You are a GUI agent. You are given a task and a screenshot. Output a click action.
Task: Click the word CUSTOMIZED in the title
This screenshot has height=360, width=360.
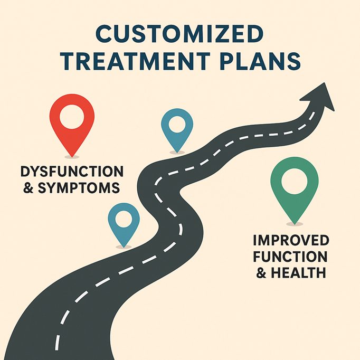point(180,36)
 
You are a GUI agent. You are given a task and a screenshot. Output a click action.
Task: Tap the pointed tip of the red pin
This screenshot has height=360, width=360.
point(72,156)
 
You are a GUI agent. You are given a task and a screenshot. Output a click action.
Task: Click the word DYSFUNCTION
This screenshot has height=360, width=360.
point(72,172)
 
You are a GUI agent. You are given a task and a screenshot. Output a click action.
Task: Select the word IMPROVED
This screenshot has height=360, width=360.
point(291,241)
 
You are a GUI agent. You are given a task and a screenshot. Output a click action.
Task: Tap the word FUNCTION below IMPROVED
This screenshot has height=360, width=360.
point(291,257)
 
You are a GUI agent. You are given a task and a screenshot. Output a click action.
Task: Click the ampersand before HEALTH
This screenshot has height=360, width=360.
point(262,273)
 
